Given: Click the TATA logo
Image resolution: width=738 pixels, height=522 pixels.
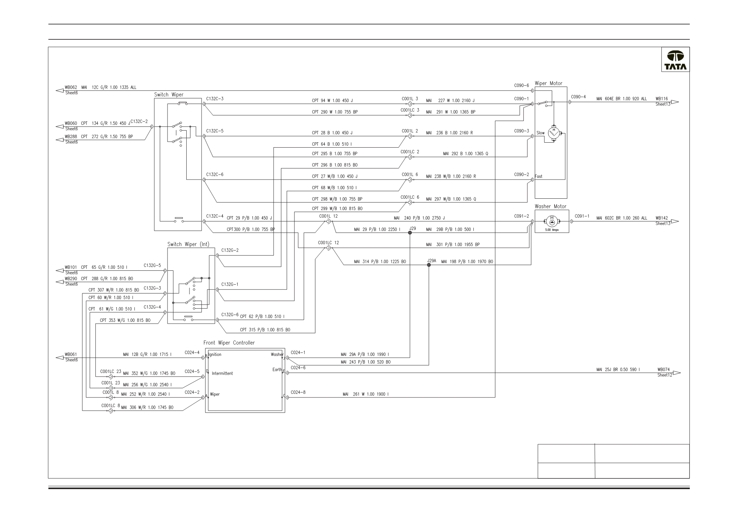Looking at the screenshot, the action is (675, 60).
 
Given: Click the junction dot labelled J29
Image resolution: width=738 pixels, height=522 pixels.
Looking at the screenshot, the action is (410, 233).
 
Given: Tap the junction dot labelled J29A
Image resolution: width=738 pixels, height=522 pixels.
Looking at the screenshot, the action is (429, 265).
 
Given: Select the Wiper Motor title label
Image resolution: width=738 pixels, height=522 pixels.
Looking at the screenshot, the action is (549, 83).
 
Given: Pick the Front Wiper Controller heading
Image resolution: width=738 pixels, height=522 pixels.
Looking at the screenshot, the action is (229, 343).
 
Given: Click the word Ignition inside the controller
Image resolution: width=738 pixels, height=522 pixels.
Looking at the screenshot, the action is (215, 355).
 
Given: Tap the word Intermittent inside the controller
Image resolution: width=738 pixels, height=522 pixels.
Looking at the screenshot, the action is (222, 373).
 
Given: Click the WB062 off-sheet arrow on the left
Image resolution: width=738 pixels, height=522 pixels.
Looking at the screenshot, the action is (60, 90).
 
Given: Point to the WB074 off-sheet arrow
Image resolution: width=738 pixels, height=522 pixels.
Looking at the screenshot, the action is (677, 373).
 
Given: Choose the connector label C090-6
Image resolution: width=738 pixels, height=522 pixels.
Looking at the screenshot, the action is (521, 86).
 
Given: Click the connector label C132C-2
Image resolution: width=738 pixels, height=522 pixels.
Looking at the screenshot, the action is (139, 121).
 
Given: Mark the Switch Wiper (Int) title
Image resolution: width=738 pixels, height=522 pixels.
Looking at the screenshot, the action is (188, 244).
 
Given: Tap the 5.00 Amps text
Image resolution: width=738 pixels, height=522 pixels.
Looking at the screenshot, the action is (552, 230).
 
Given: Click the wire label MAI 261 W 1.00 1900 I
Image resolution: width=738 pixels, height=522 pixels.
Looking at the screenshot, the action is (365, 394).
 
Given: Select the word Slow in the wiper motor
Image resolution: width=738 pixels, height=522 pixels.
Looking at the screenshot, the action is (540, 133).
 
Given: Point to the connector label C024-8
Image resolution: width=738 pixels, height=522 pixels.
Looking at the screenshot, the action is (298, 392).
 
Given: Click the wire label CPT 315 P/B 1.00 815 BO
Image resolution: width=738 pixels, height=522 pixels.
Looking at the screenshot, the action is (265, 330).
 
